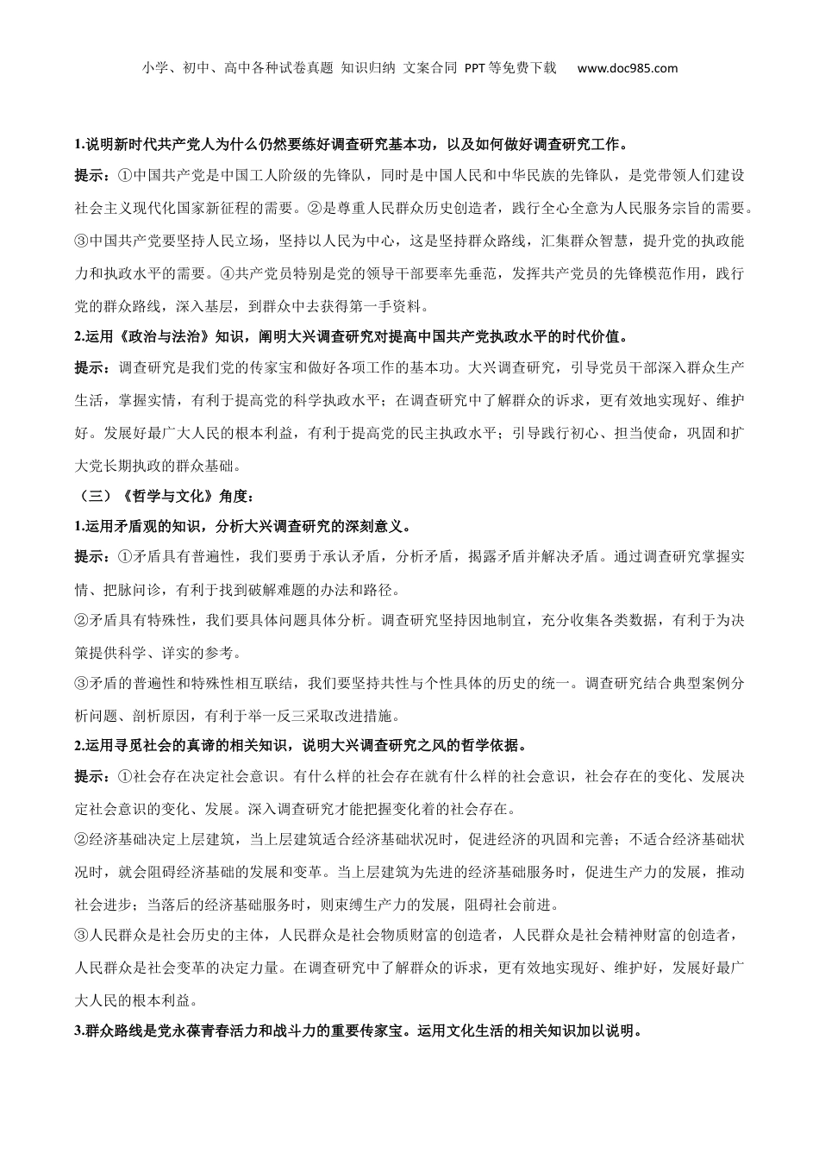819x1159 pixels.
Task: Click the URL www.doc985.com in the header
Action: pyautogui.click(x=627, y=68)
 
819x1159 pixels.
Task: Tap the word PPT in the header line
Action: pyautogui.click(x=475, y=68)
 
